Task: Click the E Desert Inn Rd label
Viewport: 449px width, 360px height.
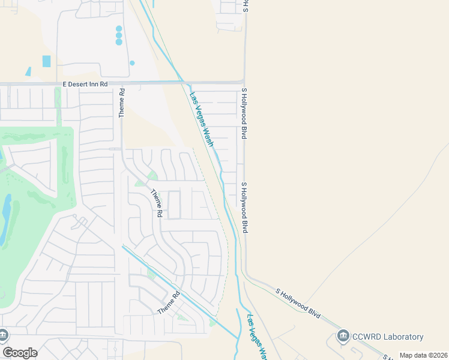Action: (85, 85)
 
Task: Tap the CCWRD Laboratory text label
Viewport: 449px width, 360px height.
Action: (388, 337)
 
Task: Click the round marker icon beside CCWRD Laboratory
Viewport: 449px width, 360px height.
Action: (343, 335)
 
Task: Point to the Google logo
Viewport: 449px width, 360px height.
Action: (20, 353)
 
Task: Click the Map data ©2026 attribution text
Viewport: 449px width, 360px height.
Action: (424, 355)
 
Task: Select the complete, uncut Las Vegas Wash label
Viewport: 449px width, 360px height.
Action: (202, 119)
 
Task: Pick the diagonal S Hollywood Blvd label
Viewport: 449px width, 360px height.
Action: (298, 303)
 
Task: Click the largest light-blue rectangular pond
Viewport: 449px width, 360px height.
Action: (47, 61)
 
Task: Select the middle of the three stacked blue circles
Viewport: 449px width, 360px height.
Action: (119, 35)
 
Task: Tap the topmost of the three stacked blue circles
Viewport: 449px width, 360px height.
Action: (119, 28)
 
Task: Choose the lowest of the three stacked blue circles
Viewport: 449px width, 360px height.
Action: (119, 42)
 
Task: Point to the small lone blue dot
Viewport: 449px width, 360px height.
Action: (132, 62)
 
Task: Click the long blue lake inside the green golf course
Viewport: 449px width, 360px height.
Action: (5, 219)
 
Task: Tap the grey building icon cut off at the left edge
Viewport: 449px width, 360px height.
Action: (2, 334)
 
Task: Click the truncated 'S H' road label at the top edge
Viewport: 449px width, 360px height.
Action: (245, 7)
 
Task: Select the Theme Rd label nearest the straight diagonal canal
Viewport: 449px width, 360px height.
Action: (169, 302)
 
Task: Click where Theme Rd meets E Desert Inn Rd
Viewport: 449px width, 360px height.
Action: (122, 83)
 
